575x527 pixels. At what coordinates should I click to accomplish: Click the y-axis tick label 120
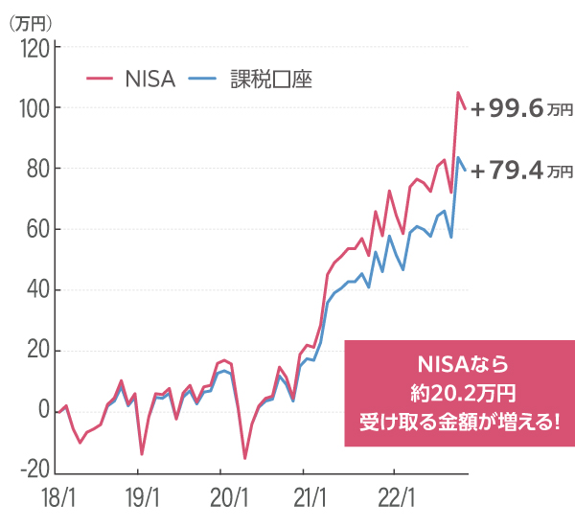[34, 47]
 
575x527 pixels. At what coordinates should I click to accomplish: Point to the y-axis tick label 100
[34, 107]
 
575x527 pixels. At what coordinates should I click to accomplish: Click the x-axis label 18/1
[57, 499]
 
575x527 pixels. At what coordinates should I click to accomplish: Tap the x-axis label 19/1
[139, 499]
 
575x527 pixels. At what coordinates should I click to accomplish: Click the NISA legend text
[149, 80]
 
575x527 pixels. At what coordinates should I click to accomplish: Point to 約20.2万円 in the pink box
[461, 393]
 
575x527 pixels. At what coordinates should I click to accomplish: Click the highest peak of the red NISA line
[458, 93]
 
